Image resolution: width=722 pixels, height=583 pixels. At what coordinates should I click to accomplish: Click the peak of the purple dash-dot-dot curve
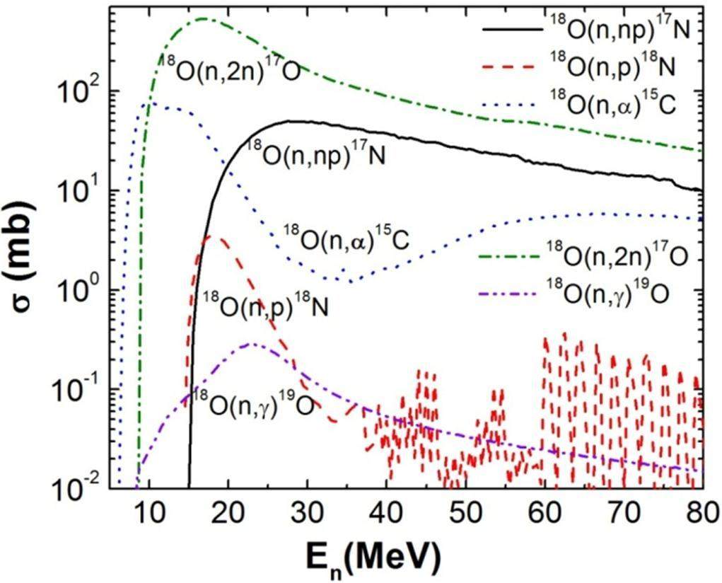(x=252, y=344)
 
